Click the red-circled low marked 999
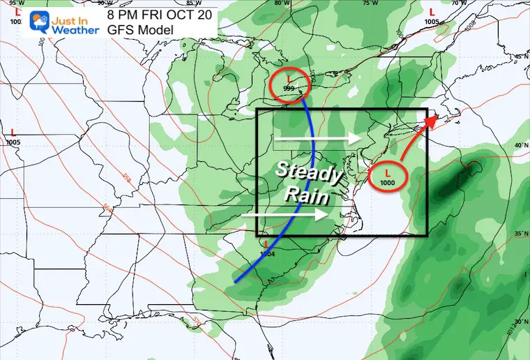click(x=288, y=84)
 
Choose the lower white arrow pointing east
click(x=286, y=216)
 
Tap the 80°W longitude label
click(x=281, y=3)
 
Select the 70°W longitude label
click(x=459, y=3)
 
